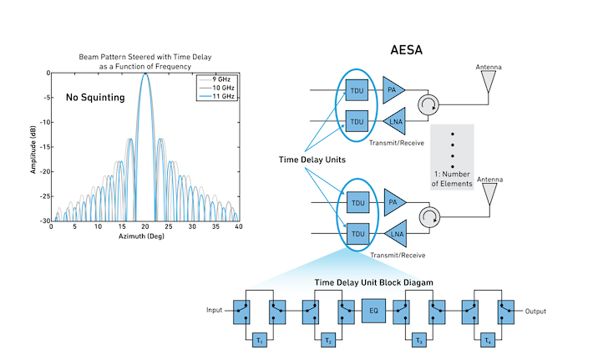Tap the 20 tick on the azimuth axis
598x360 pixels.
pos(145,226)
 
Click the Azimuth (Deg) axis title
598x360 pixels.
pos(145,236)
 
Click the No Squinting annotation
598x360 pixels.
pos(95,98)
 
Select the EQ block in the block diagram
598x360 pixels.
pos(374,312)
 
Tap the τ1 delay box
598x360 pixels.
pos(259,340)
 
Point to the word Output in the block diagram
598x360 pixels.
pos(535,312)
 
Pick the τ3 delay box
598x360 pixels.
pos(418,340)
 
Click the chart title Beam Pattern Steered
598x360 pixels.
pos(145,56)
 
